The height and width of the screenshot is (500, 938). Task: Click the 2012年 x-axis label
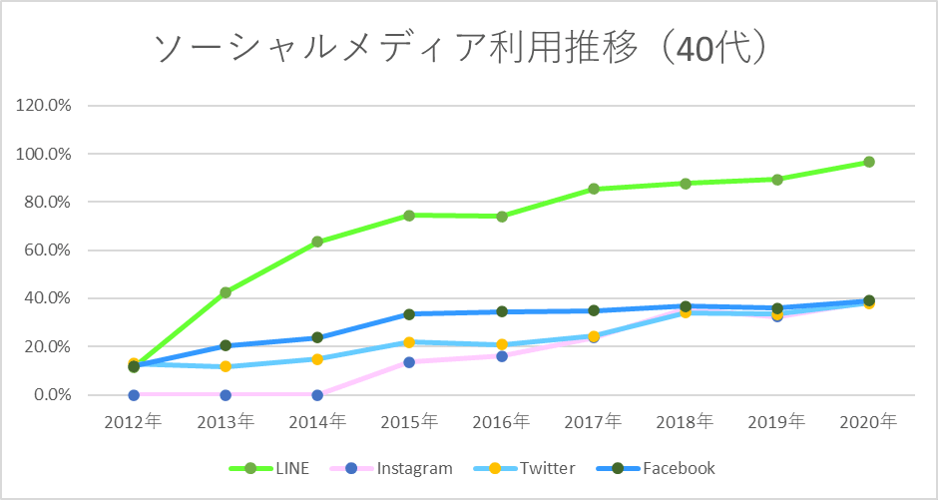pyautogui.click(x=134, y=421)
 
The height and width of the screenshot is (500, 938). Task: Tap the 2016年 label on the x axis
pyautogui.click(x=501, y=421)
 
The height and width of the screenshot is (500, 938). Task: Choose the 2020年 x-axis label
pyautogui.click(x=869, y=421)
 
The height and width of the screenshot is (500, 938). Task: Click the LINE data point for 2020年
pyautogui.click(x=869, y=162)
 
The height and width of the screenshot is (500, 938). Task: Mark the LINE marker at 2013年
pyautogui.click(x=226, y=292)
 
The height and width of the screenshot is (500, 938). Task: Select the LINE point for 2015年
pyautogui.click(x=409, y=216)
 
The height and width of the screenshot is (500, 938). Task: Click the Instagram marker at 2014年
pyautogui.click(x=317, y=395)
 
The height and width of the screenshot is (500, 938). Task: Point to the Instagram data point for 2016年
pyautogui.click(x=502, y=356)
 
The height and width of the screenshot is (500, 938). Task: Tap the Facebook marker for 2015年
pyautogui.click(x=409, y=314)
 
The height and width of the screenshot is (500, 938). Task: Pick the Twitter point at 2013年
pyautogui.click(x=226, y=366)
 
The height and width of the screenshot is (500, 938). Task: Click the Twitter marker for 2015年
pyautogui.click(x=409, y=342)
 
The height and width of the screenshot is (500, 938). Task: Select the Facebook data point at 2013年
pyautogui.click(x=226, y=346)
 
